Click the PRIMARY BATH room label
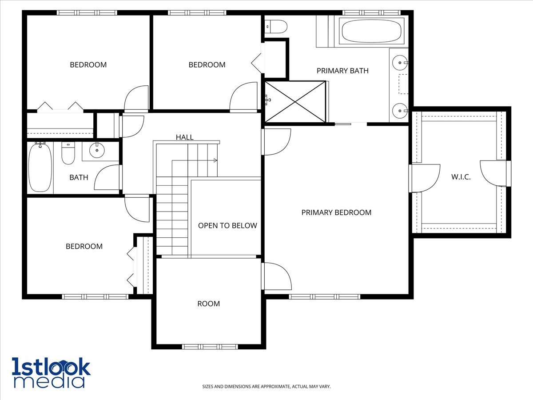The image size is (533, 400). click(x=342, y=71)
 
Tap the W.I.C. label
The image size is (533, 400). click(x=461, y=177)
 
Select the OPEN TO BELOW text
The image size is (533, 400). click(x=227, y=226)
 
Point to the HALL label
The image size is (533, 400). click(x=184, y=137)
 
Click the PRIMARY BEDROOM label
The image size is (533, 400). click(x=336, y=212)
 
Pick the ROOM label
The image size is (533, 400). click(x=209, y=304)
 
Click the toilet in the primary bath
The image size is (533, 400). click(x=276, y=27)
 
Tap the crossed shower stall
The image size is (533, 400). click(x=295, y=101)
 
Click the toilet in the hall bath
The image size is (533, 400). click(x=68, y=153)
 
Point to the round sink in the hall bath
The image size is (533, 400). click(x=97, y=150)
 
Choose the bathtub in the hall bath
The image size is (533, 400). click(x=40, y=168)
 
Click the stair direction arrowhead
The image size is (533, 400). click(x=215, y=160)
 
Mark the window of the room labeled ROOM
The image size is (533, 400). click(x=210, y=347)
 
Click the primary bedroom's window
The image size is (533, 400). click(x=325, y=296)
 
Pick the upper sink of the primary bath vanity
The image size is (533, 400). click(x=400, y=63)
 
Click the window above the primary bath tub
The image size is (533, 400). click(x=371, y=12)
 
